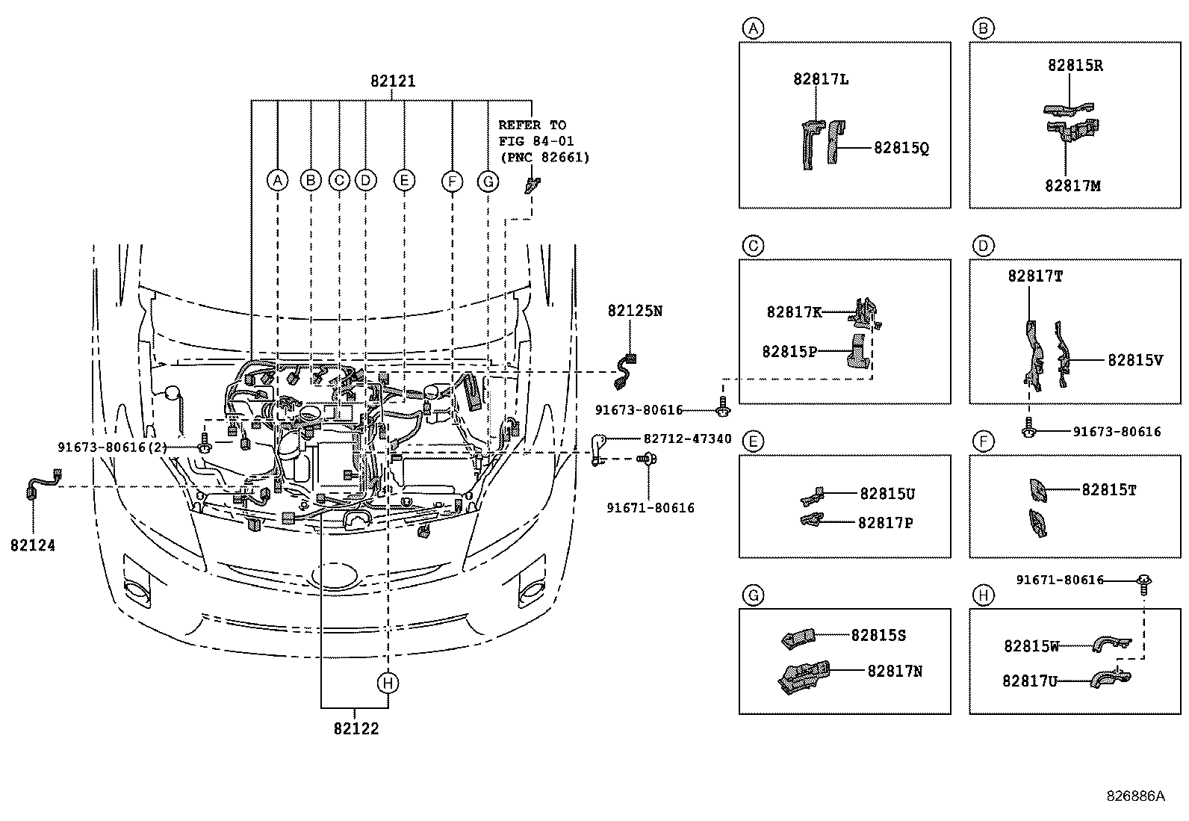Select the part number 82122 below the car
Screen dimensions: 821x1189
tap(356, 728)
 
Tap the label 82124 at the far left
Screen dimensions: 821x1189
tap(33, 545)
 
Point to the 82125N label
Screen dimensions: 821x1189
tap(635, 310)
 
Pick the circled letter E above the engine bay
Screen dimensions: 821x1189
tap(404, 180)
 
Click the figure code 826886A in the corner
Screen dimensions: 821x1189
tap(1135, 796)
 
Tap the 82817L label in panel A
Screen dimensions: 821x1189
tap(821, 79)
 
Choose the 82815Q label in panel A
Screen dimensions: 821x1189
tap(901, 148)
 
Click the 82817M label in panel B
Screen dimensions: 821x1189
tap(1072, 185)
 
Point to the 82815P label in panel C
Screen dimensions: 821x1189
tap(789, 350)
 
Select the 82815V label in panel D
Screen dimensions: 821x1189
tap(1135, 359)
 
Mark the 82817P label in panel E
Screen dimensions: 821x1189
tap(885, 522)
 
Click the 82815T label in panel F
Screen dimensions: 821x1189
tap(1109, 489)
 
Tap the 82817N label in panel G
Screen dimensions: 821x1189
tap(895, 671)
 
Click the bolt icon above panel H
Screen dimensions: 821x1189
tap(1143, 580)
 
